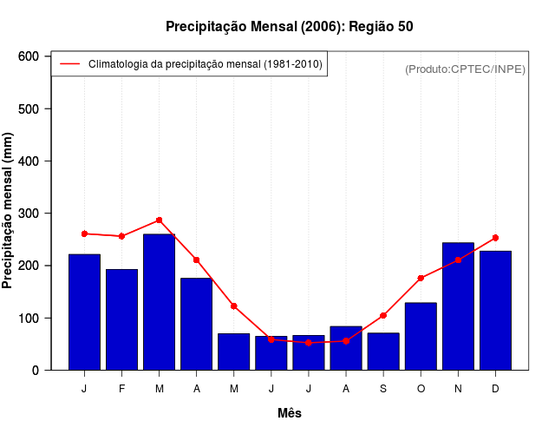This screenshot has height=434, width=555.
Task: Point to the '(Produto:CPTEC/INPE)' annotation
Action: (465, 69)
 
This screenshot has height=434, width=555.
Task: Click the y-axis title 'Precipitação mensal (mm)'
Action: (9, 211)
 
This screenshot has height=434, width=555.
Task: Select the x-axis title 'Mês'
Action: (290, 413)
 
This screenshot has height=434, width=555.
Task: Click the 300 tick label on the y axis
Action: (29, 214)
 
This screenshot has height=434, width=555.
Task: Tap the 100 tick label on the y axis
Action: (29, 318)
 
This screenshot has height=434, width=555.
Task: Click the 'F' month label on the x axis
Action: (121, 389)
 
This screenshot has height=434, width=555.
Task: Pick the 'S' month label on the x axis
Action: (383, 389)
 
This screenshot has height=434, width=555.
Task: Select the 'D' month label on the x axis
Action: (495, 389)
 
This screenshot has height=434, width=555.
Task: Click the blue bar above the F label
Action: (121, 319)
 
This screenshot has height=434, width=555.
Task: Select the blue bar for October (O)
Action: (421, 336)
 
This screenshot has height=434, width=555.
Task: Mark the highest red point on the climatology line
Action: (159, 220)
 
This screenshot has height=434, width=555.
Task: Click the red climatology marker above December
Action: (495, 237)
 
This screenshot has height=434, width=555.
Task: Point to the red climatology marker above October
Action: (421, 278)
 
